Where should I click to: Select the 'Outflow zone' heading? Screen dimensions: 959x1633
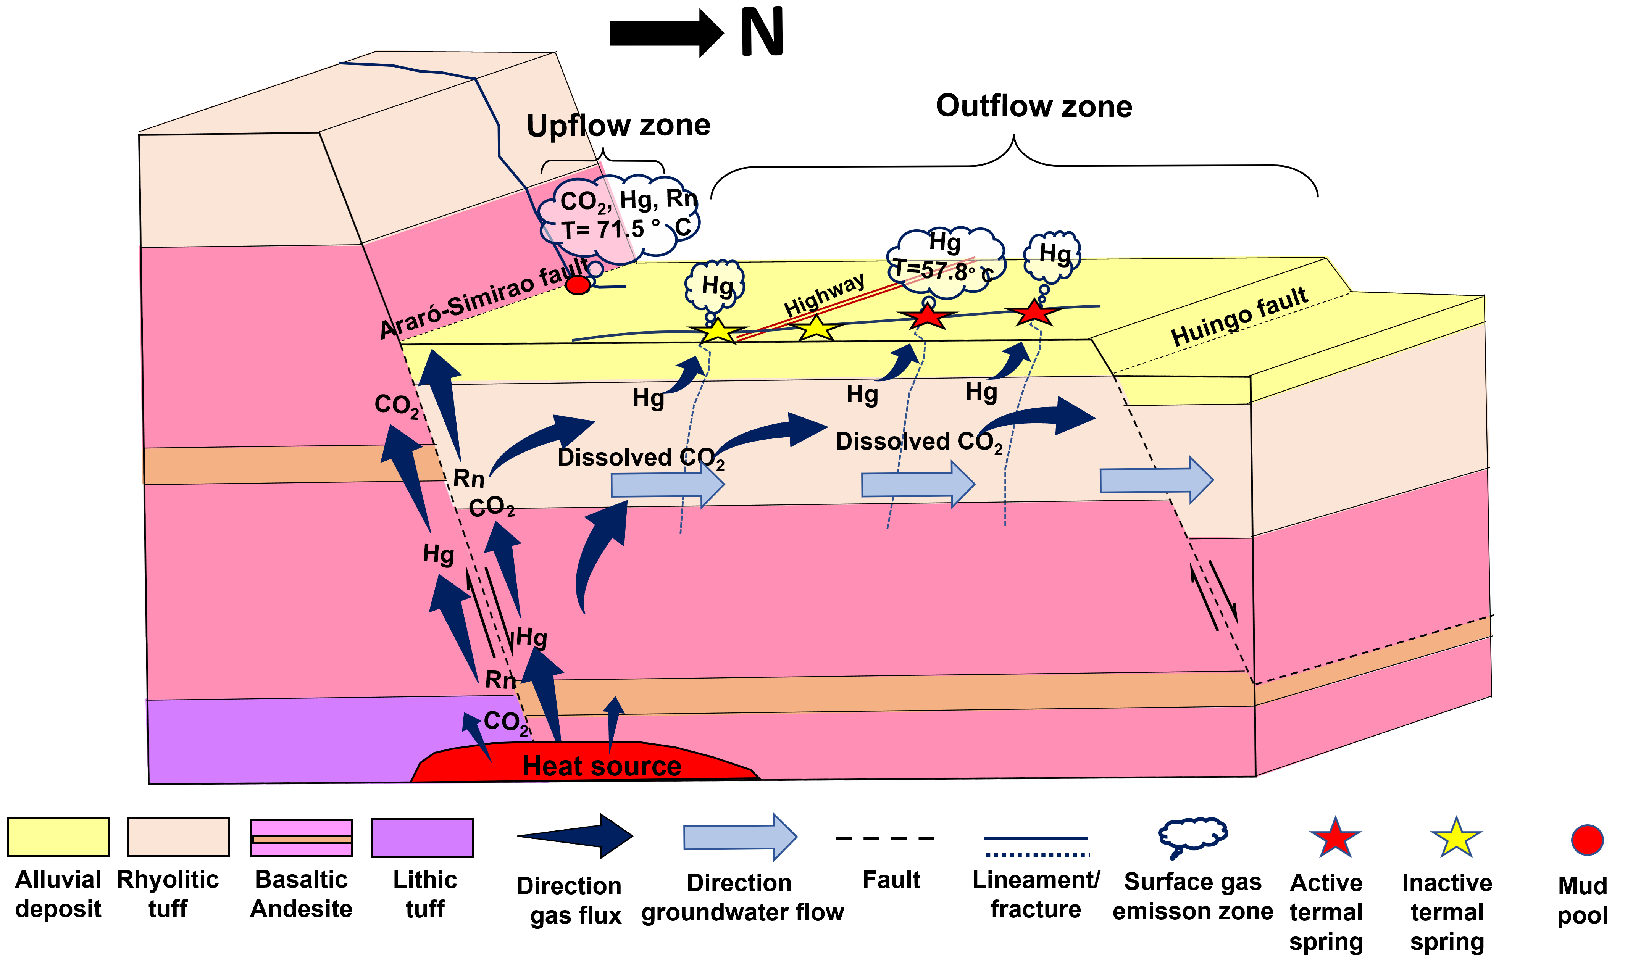[1034, 106]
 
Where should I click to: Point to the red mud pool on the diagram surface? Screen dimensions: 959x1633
[578, 284]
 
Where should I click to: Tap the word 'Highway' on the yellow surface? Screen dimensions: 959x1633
[824, 295]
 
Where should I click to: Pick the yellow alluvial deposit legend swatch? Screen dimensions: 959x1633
[58, 837]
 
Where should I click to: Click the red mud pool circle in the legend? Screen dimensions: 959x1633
[1586, 840]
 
